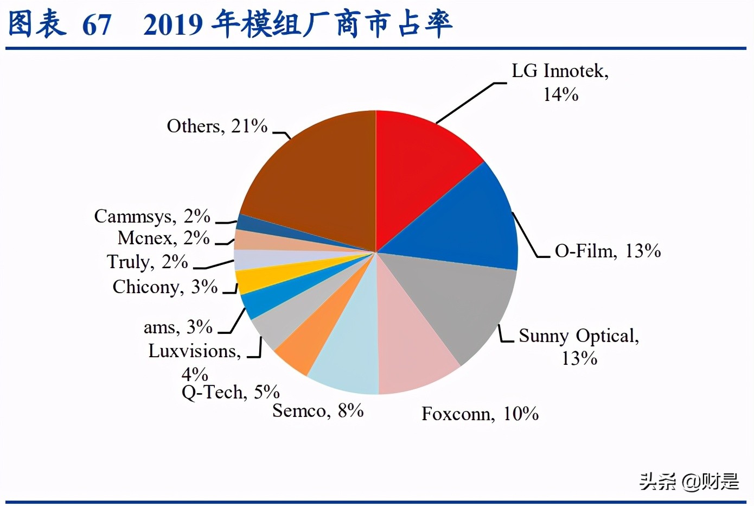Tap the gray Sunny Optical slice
click(x=461, y=304)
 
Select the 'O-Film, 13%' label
click(x=608, y=251)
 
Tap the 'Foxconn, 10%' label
click(x=480, y=414)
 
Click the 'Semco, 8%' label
click(x=318, y=411)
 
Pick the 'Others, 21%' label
click(x=217, y=126)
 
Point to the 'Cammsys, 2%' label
click(x=152, y=217)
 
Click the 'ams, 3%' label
click(x=178, y=327)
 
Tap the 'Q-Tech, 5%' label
click(x=231, y=392)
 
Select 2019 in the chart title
click(x=174, y=25)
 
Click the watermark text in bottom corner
click(x=689, y=482)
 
